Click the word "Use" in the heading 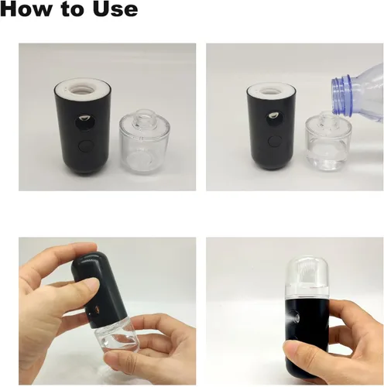click(115, 9)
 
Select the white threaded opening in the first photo click(83, 90)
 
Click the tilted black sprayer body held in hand click(99, 288)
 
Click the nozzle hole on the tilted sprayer click(97, 309)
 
